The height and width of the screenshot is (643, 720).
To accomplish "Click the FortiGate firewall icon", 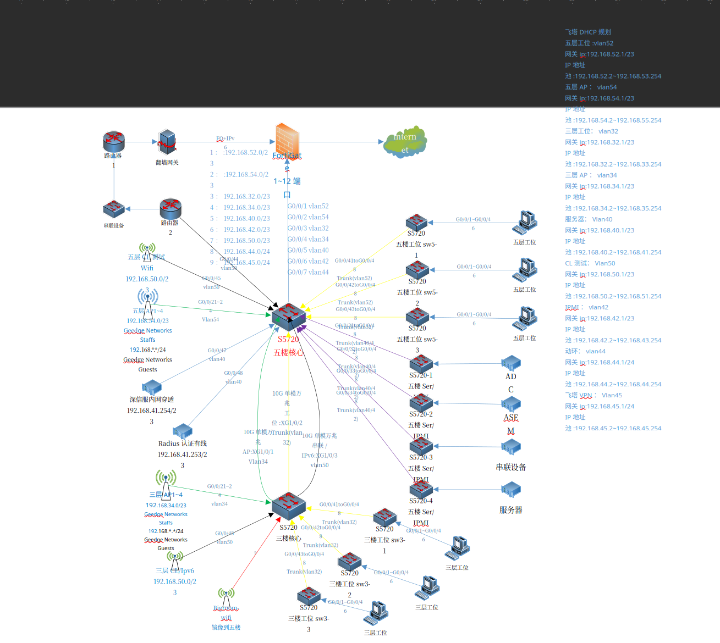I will point(287,140).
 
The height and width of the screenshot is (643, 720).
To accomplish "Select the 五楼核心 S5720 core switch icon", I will point(288,317).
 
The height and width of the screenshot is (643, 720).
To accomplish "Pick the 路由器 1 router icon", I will point(114,142).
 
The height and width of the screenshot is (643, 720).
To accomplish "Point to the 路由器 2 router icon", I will point(171,209).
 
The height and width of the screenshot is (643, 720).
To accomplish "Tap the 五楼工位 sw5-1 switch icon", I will point(416,222).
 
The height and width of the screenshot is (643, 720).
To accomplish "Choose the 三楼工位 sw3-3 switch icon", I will point(309,596).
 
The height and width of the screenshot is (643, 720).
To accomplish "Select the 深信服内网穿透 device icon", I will point(151,387).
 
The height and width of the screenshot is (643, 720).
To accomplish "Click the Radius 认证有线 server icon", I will point(182,431).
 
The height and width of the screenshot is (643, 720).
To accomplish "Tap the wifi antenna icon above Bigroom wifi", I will point(226,597).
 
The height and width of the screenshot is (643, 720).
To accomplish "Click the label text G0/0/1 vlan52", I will point(308,206).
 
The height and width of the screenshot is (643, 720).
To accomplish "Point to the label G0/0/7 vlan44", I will point(308,272).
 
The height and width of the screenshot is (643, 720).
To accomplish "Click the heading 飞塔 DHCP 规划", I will point(587,32).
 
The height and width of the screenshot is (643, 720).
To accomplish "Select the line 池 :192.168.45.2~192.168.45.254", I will point(613,428).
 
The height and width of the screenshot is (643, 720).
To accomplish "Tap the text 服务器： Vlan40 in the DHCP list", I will point(589,219).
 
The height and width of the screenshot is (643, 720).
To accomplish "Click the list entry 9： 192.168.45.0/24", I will point(240,263).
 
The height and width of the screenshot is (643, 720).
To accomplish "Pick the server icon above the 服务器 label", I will point(511,489).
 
